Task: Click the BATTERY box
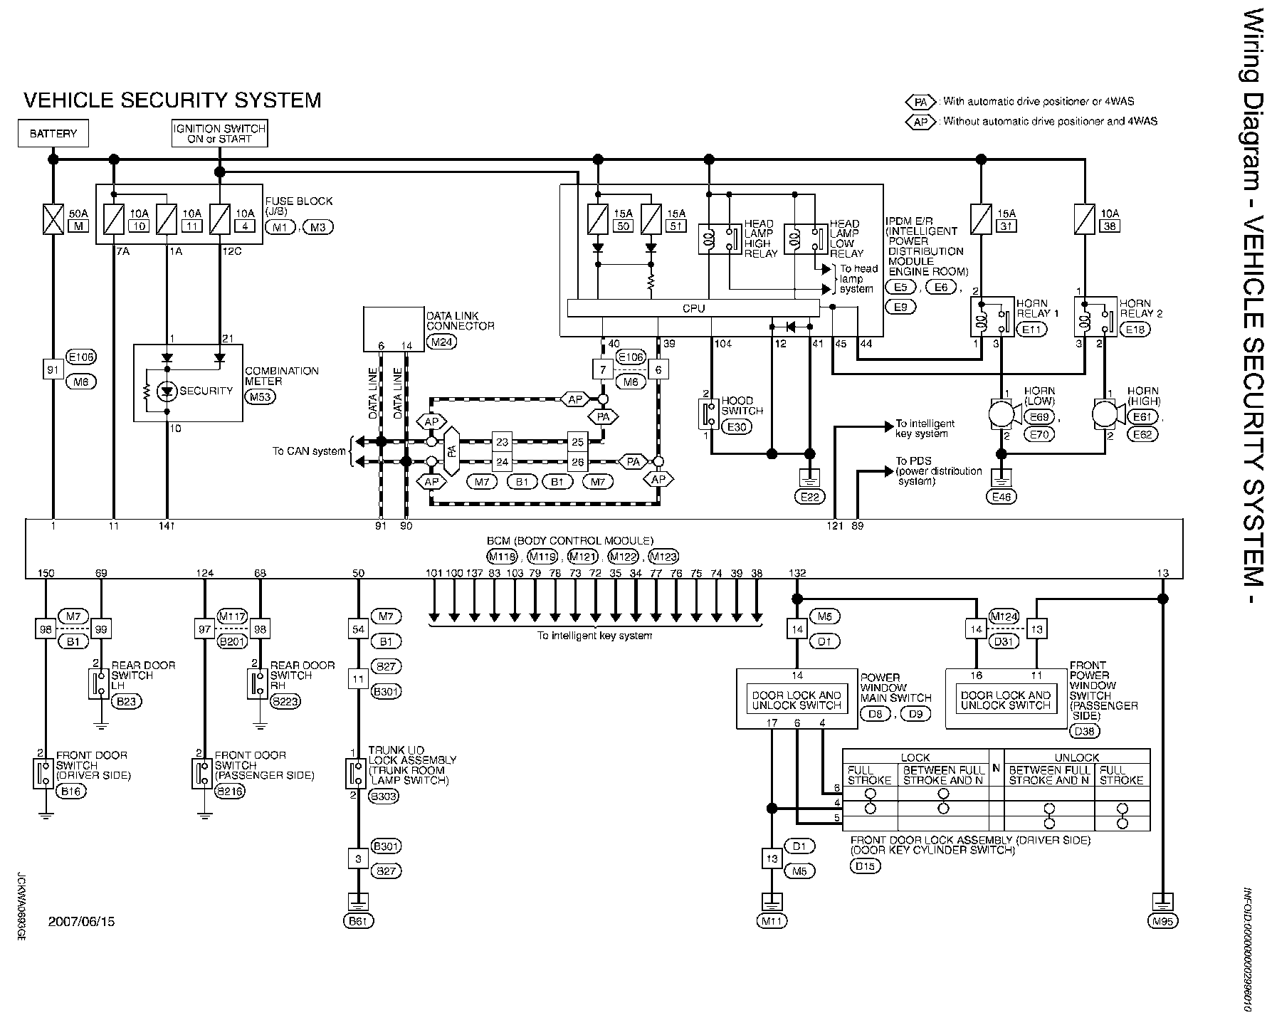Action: click(x=53, y=133)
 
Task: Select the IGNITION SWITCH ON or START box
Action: click(x=219, y=133)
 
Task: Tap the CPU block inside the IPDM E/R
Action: click(x=693, y=308)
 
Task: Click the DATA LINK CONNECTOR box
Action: click(x=394, y=329)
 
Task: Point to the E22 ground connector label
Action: click(x=809, y=497)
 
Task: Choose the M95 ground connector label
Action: click(x=1163, y=921)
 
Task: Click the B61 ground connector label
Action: click(x=358, y=921)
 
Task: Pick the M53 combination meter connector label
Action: click(x=260, y=396)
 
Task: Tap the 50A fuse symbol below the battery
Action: click(x=53, y=219)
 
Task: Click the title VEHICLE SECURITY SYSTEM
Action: click(x=172, y=100)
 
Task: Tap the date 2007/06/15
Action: click(x=81, y=922)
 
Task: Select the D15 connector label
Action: click(x=866, y=866)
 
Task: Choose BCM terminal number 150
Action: click(x=46, y=573)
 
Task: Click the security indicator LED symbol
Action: click(x=167, y=391)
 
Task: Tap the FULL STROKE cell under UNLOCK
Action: click(x=1123, y=775)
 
